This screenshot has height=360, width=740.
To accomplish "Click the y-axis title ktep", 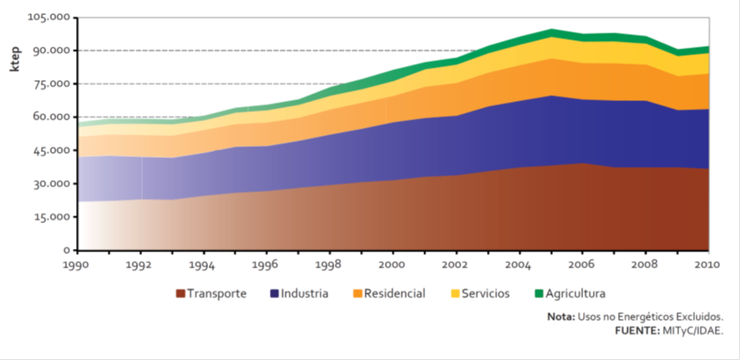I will [14, 61].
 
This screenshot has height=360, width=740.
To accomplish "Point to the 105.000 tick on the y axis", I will [48, 17].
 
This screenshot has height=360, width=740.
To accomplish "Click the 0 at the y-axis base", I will [68, 250].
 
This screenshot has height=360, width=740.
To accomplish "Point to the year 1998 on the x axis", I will [329, 265].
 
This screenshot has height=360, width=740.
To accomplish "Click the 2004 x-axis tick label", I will [520, 265].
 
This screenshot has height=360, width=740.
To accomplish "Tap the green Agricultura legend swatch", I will [540, 294].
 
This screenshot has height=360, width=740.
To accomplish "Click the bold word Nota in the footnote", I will [561, 317].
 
